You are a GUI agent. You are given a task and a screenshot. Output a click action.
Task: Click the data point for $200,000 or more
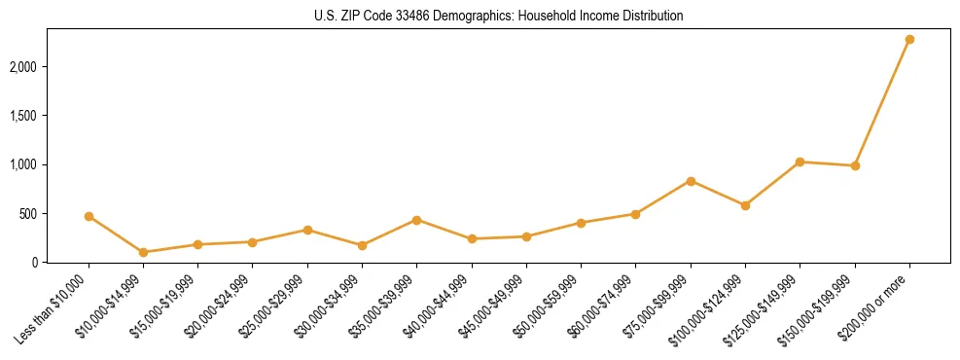pos(909,39)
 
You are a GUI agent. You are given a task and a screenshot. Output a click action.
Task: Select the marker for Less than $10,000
pos(89,216)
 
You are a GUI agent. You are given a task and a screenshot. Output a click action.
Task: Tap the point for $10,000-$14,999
pos(143,252)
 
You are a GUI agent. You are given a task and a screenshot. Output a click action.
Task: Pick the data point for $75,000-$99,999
pos(691,181)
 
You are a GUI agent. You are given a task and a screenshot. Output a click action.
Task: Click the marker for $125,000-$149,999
pos(800,162)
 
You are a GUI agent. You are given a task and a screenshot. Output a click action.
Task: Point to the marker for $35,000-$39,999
pos(416,220)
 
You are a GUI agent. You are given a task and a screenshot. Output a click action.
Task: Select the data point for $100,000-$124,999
pos(745,205)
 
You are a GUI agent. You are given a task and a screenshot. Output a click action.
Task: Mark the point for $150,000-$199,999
pos(855,165)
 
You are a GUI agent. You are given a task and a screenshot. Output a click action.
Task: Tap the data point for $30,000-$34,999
pos(362,245)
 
